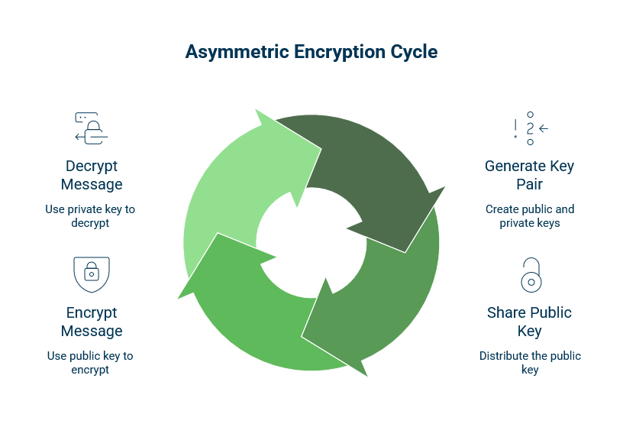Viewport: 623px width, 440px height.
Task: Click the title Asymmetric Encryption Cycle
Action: (x=311, y=52)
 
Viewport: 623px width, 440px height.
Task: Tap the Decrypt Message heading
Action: (x=92, y=175)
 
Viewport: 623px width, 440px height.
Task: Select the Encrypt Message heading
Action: (x=92, y=322)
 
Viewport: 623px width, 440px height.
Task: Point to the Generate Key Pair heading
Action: (x=529, y=175)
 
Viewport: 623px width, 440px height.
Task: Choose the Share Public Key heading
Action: (x=529, y=322)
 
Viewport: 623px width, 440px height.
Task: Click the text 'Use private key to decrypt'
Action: (x=92, y=215)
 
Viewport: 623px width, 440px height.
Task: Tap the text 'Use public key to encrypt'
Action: (x=92, y=362)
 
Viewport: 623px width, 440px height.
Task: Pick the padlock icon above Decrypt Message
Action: (x=92, y=128)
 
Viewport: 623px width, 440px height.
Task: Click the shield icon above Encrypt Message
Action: (x=92, y=273)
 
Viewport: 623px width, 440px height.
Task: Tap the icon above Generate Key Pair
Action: (x=530, y=128)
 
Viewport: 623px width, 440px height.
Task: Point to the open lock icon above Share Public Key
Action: (x=530, y=275)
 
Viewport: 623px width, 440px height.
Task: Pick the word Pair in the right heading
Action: (x=529, y=184)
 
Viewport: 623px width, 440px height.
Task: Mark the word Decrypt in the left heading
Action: (x=92, y=166)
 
